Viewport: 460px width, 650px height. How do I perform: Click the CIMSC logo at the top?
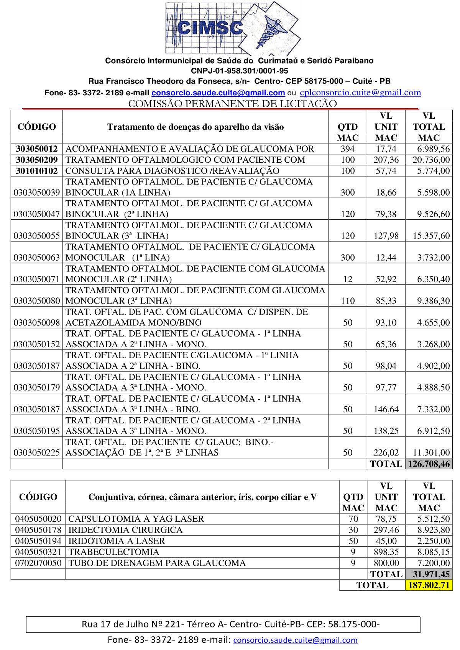point(233,28)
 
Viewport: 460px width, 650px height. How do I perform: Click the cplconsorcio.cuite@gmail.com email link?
point(360,92)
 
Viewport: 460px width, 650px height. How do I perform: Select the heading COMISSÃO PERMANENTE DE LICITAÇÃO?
point(232,104)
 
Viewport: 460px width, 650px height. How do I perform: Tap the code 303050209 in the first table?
point(37,160)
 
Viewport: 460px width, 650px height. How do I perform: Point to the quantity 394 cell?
point(348,149)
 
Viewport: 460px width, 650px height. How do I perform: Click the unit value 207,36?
point(386,160)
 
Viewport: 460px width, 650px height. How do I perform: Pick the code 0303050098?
point(37,323)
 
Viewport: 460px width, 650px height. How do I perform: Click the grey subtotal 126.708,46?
point(429,464)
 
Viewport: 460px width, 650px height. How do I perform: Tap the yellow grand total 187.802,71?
point(429,585)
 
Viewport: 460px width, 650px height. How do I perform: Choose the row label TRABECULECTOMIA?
point(113,552)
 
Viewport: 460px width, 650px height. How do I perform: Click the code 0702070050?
point(38,563)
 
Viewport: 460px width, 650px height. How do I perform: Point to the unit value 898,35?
point(386,552)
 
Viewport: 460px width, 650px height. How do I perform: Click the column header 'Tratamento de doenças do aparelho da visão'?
point(195,127)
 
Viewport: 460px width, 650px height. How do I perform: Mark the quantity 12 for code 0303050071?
point(348,279)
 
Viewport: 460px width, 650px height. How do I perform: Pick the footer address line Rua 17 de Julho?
point(230,625)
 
